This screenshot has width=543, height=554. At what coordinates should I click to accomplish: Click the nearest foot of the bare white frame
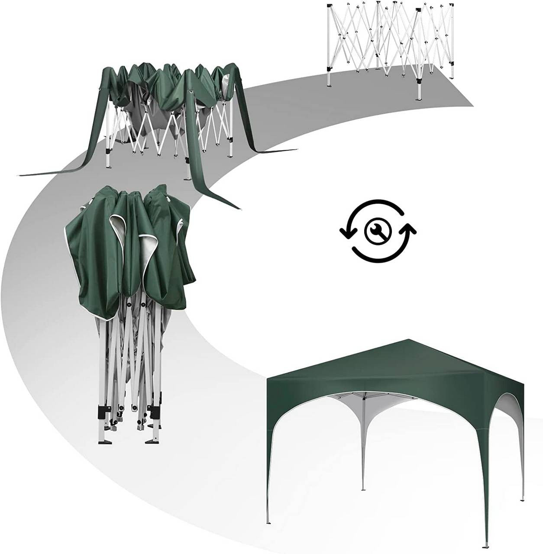tap(419, 98)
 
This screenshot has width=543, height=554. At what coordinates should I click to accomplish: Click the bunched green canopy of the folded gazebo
tap(130, 251)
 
